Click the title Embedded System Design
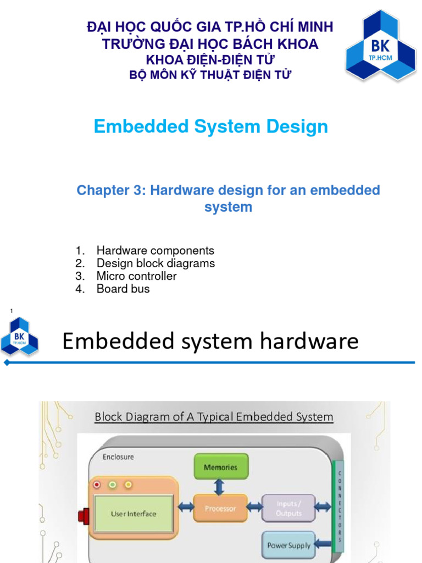pos(211,126)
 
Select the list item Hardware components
pos(156,251)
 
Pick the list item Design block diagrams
pos(156,263)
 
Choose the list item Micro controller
pos(136,276)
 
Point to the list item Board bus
pos(123,289)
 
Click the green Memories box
pos(221,467)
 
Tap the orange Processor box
pos(220,509)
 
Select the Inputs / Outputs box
pos(288,509)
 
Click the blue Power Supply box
pos(288,545)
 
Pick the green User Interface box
pos(134,514)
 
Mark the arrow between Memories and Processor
pos(219,487)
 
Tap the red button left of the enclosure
pos(84,516)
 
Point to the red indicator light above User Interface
pos(97,485)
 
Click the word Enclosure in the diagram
pos(118,456)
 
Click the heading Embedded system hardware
pos(210,341)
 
